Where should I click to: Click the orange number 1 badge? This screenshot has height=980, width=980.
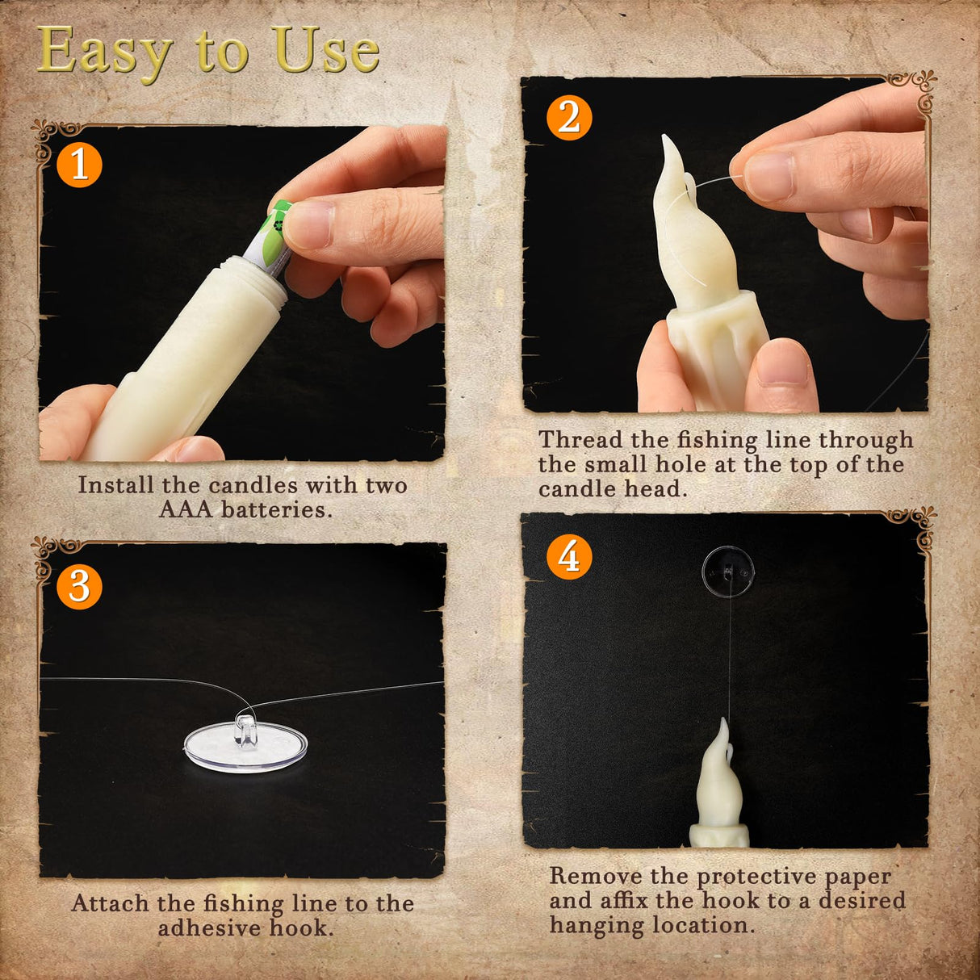pos(79,165)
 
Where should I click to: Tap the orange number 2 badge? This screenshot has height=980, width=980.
pos(569,118)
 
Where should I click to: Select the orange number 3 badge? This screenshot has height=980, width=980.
pos(79,586)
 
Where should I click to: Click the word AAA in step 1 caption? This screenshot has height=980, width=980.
pos(185,509)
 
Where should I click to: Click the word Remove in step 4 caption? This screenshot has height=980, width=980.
pos(597,876)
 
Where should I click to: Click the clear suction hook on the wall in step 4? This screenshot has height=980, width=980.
pos(728,572)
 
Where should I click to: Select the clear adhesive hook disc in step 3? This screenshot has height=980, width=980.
pos(245,747)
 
